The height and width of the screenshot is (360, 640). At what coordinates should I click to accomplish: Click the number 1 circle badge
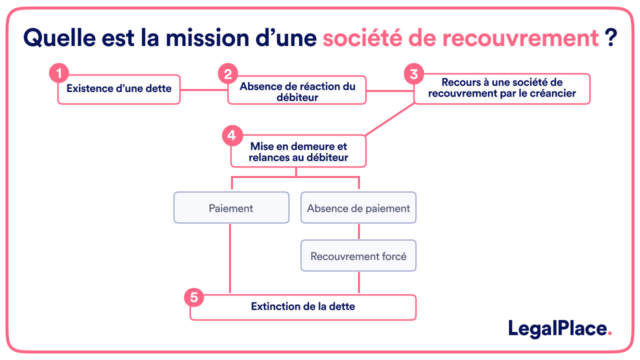[x=59, y=74]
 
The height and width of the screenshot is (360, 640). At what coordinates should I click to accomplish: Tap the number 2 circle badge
[x=228, y=74]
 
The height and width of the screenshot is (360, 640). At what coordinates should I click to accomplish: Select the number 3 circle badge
[x=413, y=74]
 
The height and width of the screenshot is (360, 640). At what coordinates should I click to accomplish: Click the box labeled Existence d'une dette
[x=119, y=89]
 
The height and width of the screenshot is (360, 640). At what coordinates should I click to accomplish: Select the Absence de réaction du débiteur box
[x=297, y=91]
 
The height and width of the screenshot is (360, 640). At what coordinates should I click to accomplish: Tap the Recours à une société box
[x=502, y=88]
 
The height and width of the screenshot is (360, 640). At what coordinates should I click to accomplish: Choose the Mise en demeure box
[x=298, y=152]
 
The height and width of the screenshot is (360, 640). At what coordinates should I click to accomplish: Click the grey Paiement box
[x=231, y=208]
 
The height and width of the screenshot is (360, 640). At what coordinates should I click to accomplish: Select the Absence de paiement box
[x=358, y=208]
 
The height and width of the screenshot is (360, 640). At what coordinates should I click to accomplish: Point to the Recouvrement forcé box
[x=358, y=256]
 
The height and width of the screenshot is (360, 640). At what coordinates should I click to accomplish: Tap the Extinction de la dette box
[x=303, y=307]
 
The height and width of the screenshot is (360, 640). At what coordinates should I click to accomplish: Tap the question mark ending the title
[x=610, y=37]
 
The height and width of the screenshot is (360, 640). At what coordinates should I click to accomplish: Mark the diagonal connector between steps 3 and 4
[x=390, y=119]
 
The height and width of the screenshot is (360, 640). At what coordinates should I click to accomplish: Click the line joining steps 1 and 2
[x=203, y=90]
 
